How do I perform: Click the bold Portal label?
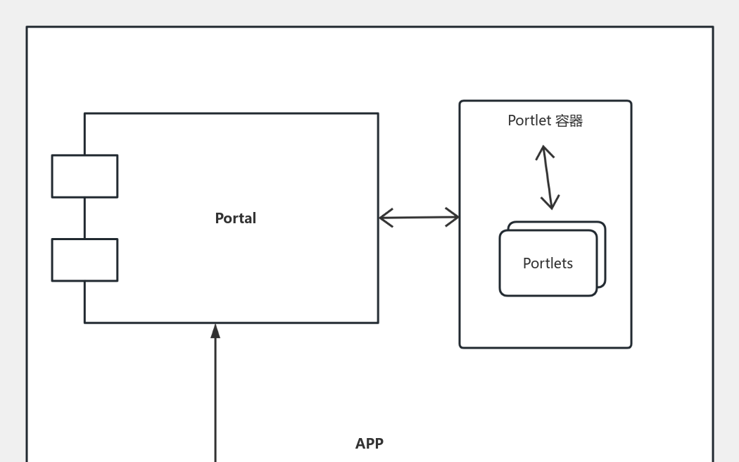click(235, 218)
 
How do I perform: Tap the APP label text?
click(369, 444)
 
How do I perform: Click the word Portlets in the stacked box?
click(548, 263)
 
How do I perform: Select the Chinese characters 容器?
click(569, 121)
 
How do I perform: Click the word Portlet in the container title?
click(529, 121)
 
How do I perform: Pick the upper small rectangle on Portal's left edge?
click(84, 176)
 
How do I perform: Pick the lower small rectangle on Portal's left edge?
click(84, 260)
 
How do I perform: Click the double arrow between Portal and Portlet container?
click(419, 218)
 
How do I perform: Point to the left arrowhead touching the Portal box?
click(384, 218)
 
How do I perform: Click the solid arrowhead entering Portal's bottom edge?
click(215, 331)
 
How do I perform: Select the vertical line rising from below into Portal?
click(215, 401)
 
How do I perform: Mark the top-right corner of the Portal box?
click(378, 113)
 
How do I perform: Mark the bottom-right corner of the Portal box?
click(378, 323)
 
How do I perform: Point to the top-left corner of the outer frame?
click(27, 27)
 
